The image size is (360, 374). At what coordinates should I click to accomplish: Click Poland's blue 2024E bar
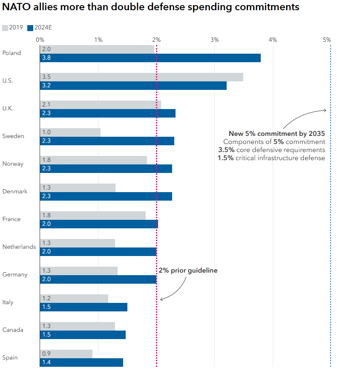click(150, 58)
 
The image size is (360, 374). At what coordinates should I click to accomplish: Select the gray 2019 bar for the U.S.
click(141, 77)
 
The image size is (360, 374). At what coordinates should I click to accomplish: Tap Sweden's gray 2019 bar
click(70, 132)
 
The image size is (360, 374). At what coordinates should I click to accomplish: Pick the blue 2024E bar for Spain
click(81, 362)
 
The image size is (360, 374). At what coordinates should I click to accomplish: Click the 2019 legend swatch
click(5, 28)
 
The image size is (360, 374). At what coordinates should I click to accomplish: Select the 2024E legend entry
click(43, 28)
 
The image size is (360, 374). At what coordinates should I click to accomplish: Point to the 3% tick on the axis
click(215, 40)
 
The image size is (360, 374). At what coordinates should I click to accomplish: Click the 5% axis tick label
click(327, 40)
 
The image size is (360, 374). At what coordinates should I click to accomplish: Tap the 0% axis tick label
click(40, 40)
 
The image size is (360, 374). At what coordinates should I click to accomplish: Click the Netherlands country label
click(19, 247)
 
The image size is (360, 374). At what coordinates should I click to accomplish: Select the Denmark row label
click(15, 192)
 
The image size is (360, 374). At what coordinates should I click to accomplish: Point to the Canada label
click(13, 330)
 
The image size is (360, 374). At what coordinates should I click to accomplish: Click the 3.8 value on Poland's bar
click(46, 58)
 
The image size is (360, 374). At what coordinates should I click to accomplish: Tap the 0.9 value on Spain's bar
click(46, 354)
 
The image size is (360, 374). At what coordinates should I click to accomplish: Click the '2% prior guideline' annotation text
click(188, 270)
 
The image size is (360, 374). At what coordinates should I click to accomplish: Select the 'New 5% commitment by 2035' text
click(277, 134)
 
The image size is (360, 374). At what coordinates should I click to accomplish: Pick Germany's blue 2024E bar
click(98, 279)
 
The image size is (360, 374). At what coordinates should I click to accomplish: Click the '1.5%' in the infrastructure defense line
click(226, 158)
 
